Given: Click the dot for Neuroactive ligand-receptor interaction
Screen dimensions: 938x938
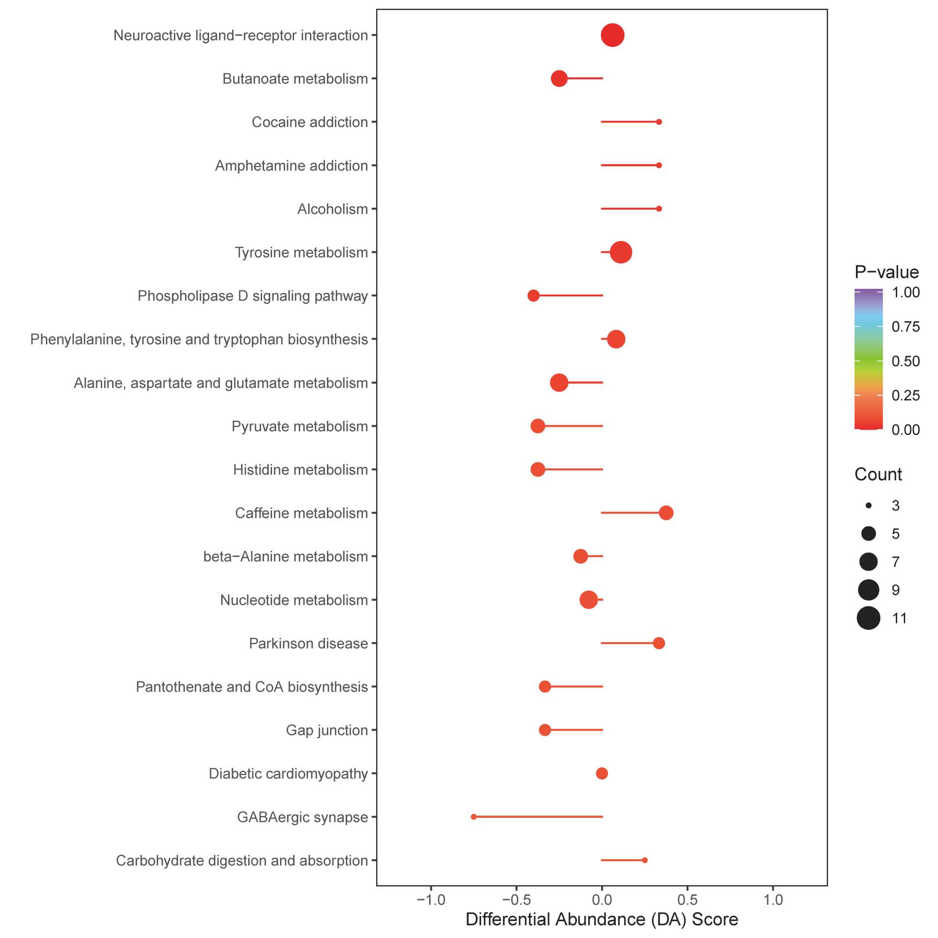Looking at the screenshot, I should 612,36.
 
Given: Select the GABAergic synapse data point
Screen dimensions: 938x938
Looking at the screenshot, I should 474,817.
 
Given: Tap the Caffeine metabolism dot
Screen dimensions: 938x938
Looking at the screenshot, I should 666,513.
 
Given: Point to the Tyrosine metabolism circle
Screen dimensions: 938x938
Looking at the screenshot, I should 621,252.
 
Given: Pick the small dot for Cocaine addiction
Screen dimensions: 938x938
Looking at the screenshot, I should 659,122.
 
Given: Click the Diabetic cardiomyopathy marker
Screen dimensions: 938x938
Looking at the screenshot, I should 602,773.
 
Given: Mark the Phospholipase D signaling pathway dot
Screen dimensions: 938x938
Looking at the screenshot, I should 534,295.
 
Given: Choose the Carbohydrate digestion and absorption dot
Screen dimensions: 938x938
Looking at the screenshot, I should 645,860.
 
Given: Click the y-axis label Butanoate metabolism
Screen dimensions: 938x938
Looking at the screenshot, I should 295,79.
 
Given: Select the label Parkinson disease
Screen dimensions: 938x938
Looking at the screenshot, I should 308,643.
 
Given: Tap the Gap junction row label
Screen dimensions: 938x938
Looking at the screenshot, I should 327,730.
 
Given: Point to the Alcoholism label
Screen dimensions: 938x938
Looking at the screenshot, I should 333,209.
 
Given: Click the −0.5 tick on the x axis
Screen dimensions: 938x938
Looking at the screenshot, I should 516,900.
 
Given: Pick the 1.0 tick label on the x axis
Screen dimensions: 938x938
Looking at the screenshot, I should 773,900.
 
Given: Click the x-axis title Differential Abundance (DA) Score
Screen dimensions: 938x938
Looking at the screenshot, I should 602,920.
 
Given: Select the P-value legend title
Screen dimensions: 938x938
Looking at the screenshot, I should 886,272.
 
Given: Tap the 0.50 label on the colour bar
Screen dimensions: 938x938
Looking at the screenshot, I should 906,361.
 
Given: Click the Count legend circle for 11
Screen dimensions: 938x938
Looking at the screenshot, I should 869,618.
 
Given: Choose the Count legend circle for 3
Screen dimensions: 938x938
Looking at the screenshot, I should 869,506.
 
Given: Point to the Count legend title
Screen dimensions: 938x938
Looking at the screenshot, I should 878,474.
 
